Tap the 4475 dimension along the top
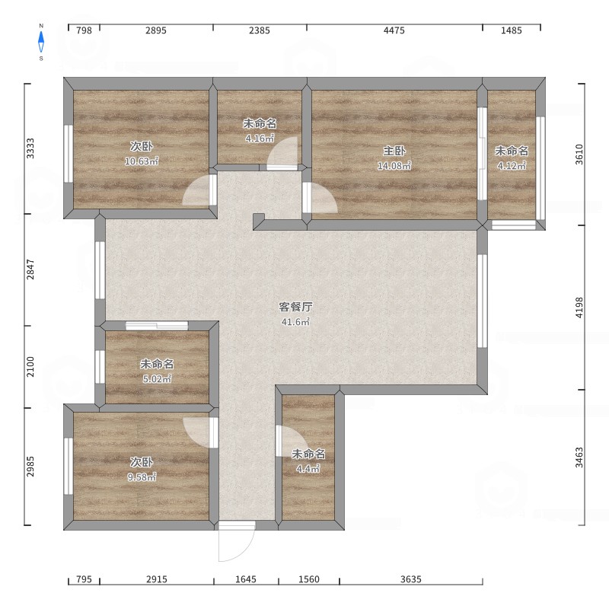pyautogui.click(x=394, y=30)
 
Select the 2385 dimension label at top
pyautogui.click(x=260, y=30)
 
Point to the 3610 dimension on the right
pyautogui.click(x=579, y=155)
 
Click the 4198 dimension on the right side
pyautogui.click(x=579, y=308)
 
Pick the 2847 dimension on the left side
pyautogui.click(x=30, y=269)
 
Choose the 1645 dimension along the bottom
pyautogui.click(x=246, y=579)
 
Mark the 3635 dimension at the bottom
pyautogui.click(x=411, y=579)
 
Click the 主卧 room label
pyautogui.click(x=394, y=151)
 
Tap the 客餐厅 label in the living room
pyautogui.click(x=295, y=307)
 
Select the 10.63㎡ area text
pyautogui.click(x=142, y=161)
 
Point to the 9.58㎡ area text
pyautogui.click(x=142, y=477)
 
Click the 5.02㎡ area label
pyautogui.click(x=157, y=378)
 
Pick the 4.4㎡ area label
pyautogui.click(x=308, y=469)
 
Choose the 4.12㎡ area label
pyautogui.click(x=512, y=166)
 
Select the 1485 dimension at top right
pyautogui.click(x=511, y=30)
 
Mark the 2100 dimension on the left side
pyautogui.click(x=30, y=367)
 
